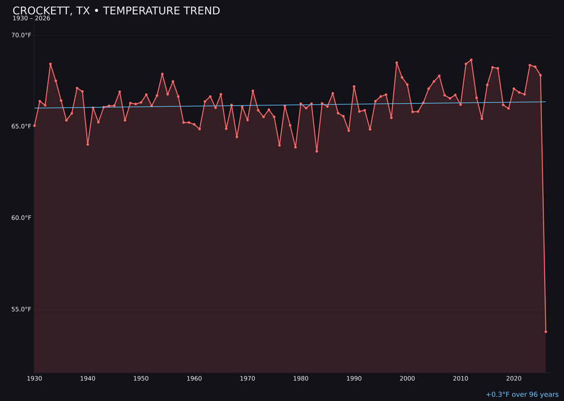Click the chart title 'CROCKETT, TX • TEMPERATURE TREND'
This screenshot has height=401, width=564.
pos(116,11)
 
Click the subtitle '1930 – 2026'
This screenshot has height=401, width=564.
pos(31,19)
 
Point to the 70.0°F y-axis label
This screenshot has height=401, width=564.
pos(21,35)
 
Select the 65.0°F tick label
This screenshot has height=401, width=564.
pos(21,126)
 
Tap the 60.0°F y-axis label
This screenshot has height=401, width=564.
pos(21,218)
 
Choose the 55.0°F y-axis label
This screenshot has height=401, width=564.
pos(21,309)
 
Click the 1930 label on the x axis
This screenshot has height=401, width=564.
pos(34,379)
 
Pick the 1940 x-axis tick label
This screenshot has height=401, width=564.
pos(88,379)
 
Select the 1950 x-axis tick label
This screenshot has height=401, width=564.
pos(141,379)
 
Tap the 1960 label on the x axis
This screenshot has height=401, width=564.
pos(194,379)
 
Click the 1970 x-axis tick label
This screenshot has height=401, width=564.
pos(248,379)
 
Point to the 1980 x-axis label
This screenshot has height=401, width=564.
pos(301,379)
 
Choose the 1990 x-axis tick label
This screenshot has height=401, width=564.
pos(354,379)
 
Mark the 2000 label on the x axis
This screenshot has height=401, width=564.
pos(407,379)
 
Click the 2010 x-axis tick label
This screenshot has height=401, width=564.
pos(461,379)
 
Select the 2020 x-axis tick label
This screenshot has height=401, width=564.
pos(514,379)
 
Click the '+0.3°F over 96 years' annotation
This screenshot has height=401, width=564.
pos(522,395)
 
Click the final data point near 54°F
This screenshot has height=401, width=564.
pos(546,332)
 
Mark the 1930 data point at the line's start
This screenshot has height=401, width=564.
pos(34,125)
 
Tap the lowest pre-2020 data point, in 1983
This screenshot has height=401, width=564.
pos(316,151)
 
